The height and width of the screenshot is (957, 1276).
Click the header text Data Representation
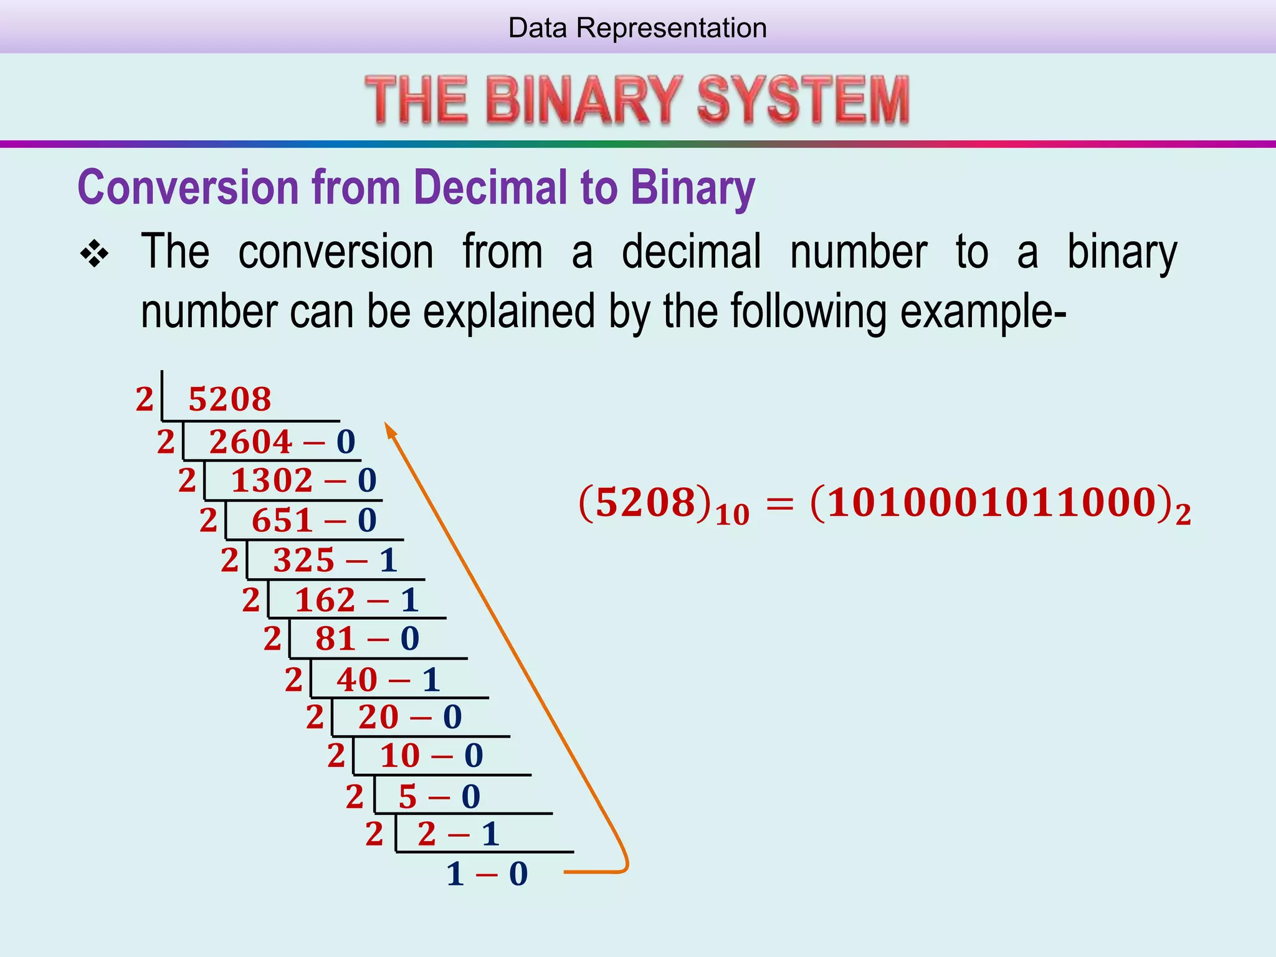coord(637,28)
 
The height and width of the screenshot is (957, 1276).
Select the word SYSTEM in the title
coord(803,100)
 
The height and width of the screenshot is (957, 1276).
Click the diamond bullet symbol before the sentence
coord(95,254)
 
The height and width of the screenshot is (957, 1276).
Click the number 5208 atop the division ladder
coord(230,399)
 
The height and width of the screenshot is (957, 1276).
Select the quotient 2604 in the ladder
coord(250,442)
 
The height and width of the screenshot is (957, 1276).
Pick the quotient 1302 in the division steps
coord(272,481)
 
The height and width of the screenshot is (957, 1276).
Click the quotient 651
coord(282,520)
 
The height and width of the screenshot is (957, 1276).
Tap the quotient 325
coord(303,560)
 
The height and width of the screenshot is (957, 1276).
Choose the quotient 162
coord(325,600)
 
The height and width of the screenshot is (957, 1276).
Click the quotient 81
coord(335,639)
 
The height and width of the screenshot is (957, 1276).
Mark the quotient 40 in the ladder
coord(357,679)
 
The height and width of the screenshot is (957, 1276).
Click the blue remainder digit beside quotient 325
coord(388,560)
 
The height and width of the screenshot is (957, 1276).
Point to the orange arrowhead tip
coord(387,426)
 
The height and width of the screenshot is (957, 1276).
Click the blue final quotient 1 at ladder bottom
coord(455,874)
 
